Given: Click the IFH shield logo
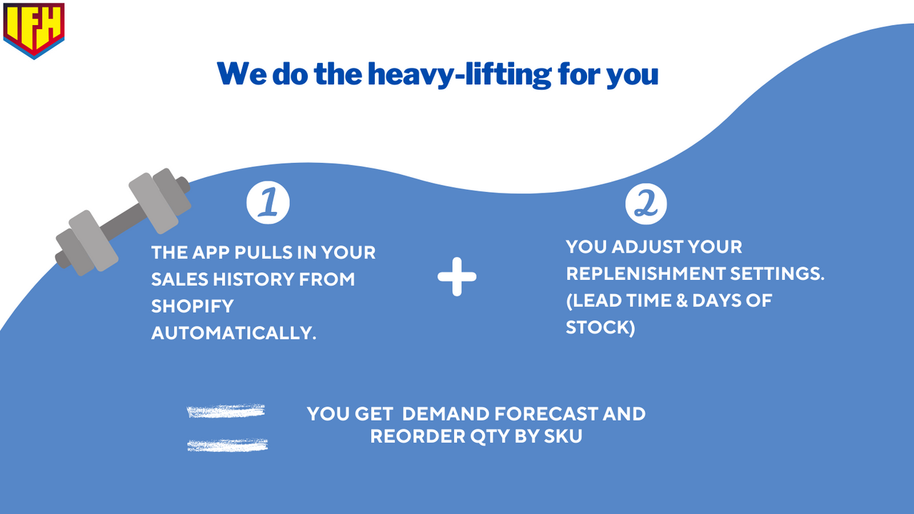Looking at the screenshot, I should pos(34,29).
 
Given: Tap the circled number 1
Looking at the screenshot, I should pos(268,202).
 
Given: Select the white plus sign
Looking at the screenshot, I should pos(457,277).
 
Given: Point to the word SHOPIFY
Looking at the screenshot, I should pos(192,306).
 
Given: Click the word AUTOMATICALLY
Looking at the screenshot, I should pos(233,333).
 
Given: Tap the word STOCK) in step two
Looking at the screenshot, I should pos(601,328).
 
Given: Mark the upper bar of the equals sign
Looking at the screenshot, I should pos(226,411).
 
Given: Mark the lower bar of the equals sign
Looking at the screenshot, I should pos(227,445).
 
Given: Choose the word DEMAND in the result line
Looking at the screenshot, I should pos(451,414).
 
